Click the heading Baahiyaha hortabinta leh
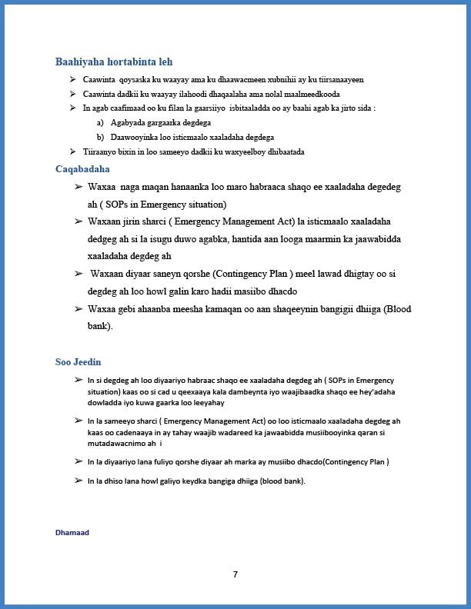click(119, 62)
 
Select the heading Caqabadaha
click(82, 168)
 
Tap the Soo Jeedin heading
click(78, 361)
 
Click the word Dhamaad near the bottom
click(72, 531)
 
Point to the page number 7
click(235, 574)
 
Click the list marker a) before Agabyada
click(100, 122)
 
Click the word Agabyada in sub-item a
click(128, 122)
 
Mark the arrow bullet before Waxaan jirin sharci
click(78, 221)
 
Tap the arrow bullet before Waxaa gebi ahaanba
click(78, 308)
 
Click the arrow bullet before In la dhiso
click(78, 481)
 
